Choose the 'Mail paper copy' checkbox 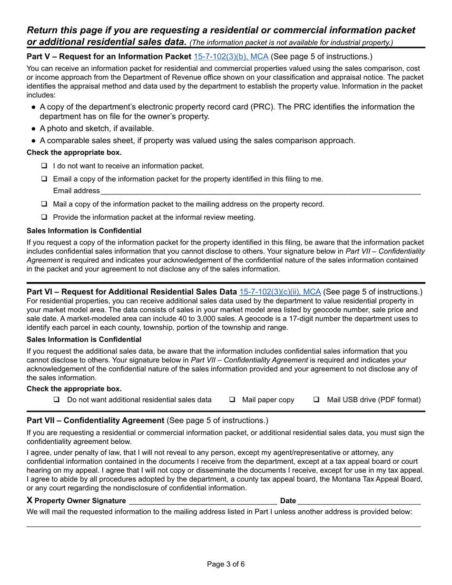pos(232,400)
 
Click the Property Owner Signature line pos(203,500)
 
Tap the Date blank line pos(359,500)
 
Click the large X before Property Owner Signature pos(30,500)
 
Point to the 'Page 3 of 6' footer pos(226,565)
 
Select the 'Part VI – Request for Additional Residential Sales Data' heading pos(132,292)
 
